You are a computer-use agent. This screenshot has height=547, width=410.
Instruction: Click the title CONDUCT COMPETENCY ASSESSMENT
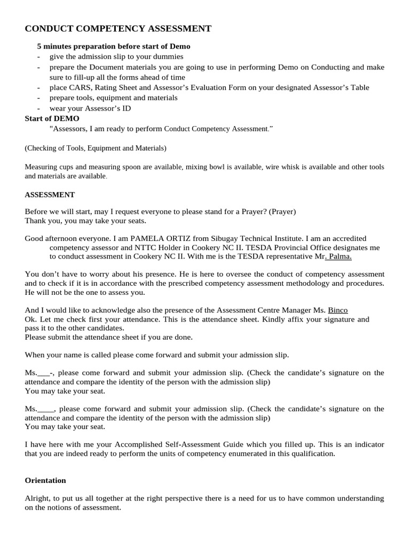(x=118, y=28)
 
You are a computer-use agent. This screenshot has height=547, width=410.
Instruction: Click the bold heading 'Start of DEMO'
(x=52, y=118)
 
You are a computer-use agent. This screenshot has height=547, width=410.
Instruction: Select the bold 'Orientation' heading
(x=45, y=480)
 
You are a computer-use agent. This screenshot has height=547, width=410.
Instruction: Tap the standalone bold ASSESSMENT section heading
(x=50, y=194)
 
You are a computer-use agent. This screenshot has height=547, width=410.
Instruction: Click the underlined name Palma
(x=339, y=256)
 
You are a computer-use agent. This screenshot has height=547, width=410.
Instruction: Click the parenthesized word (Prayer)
(x=282, y=212)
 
